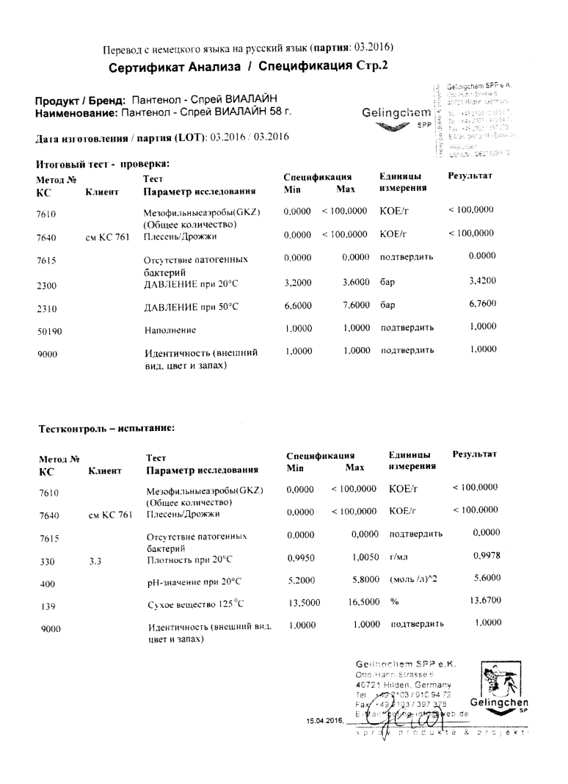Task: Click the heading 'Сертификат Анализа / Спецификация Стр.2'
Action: (x=248, y=68)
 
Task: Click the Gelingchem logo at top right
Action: (x=395, y=117)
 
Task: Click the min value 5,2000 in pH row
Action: (x=301, y=581)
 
